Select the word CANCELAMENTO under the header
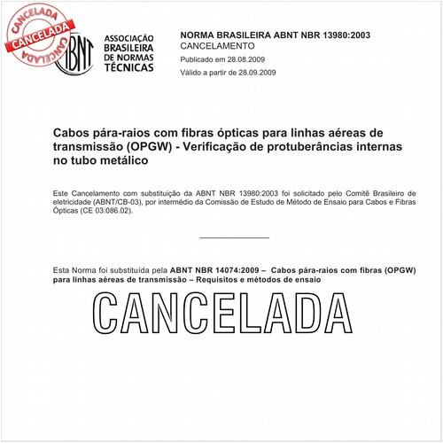point(217,45)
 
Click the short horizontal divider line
point(234,237)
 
